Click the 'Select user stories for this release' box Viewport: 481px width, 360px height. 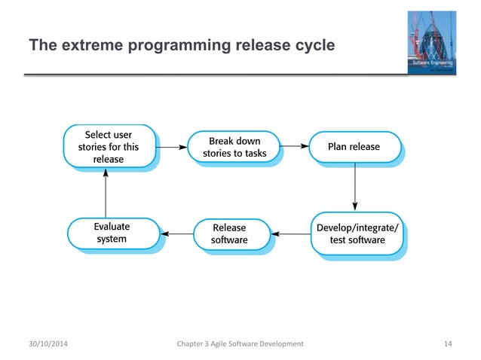pos(109,147)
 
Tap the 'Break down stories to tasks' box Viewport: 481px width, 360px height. pos(234,147)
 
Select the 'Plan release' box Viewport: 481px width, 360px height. pos(354,147)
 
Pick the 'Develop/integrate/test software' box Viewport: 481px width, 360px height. pos(357,233)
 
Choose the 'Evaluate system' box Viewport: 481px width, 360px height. pos(111,233)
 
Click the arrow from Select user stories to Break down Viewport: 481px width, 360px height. pos(171,147)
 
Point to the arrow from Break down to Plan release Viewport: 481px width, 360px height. pos(295,147)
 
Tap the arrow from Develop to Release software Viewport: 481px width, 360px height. pos(291,233)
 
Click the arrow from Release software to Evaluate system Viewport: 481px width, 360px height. pos(176,233)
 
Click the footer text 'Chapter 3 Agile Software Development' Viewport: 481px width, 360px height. pos(239,343)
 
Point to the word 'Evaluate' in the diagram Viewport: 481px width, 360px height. pos(112,226)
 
